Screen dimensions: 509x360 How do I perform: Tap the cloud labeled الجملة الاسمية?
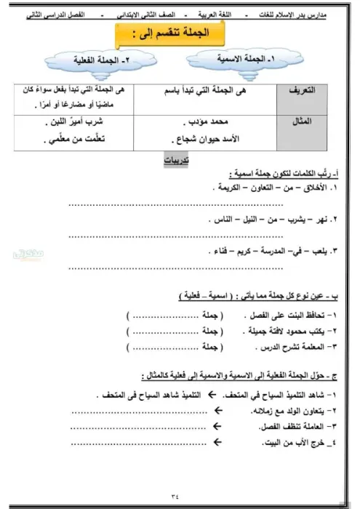click(x=239, y=58)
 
